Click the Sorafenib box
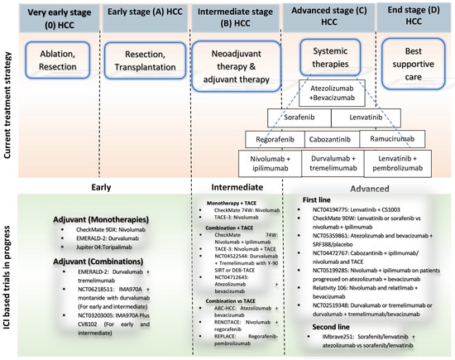point(295,119)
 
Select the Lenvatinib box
point(372,119)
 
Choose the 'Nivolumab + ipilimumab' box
point(274,165)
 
